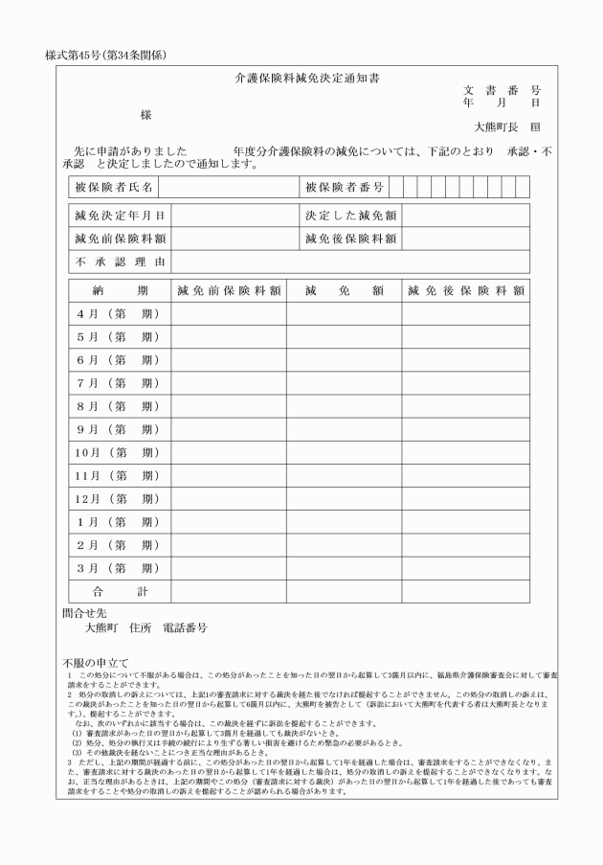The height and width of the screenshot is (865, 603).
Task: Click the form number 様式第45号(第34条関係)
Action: click(x=106, y=55)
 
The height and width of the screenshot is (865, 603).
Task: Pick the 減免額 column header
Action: click(x=344, y=290)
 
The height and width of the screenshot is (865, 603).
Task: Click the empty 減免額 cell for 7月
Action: click(x=344, y=383)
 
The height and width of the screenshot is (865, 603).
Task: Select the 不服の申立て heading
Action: click(x=96, y=663)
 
